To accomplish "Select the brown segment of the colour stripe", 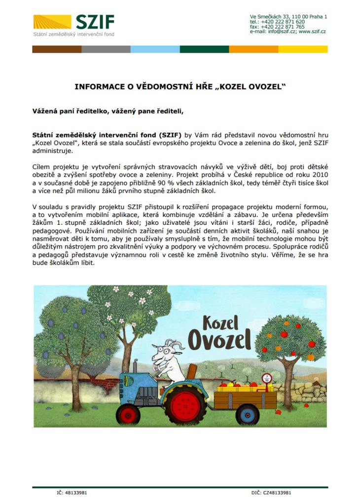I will (x=57, y=49).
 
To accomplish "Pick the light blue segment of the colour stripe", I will (x=155, y=49).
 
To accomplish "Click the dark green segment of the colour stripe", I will (x=204, y=49).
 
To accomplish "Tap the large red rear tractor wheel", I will (x=185, y=404).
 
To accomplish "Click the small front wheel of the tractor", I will (x=128, y=415).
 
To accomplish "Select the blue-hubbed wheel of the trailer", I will (x=247, y=415).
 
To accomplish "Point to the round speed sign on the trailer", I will (x=267, y=379).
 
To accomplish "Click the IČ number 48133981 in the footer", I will (x=76, y=492).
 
